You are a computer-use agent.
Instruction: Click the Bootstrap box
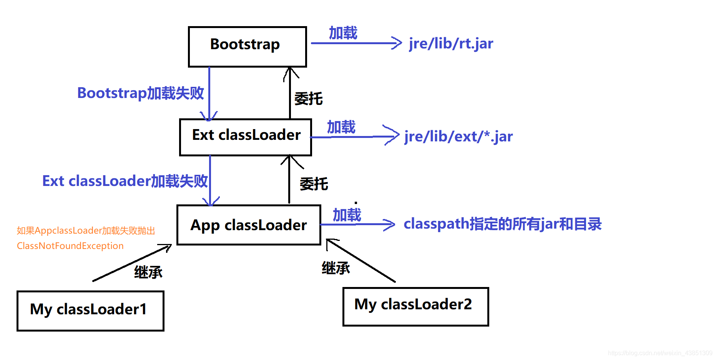click(x=247, y=46)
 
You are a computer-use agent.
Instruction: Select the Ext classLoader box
click(x=245, y=137)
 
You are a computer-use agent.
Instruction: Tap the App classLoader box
click(x=248, y=225)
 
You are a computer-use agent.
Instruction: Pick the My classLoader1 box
click(x=90, y=310)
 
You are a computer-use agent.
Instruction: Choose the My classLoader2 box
click(x=415, y=306)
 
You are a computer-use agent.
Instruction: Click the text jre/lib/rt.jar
click(x=451, y=43)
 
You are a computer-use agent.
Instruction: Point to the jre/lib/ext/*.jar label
click(x=459, y=136)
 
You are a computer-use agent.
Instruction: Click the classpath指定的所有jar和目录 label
click(x=502, y=224)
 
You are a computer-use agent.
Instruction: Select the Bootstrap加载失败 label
click(x=140, y=93)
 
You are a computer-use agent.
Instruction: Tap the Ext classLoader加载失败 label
click(x=125, y=181)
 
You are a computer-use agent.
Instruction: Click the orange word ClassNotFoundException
click(x=70, y=246)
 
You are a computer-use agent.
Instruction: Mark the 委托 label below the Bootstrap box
click(x=308, y=99)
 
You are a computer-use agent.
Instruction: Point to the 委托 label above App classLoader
click(x=314, y=184)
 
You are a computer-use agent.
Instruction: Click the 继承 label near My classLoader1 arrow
click(x=148, y=272)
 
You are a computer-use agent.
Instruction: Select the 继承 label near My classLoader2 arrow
click(x=336, y=268)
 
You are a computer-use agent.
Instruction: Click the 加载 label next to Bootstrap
click(x=343, y=33)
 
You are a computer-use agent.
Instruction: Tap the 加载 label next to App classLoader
click(x=347, y=215)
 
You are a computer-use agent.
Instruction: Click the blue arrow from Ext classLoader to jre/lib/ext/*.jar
click(x=354, y=137)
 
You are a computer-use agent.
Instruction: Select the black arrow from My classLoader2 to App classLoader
click(x=361, y=261)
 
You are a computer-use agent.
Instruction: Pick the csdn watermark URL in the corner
click(x=660, y=353)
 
